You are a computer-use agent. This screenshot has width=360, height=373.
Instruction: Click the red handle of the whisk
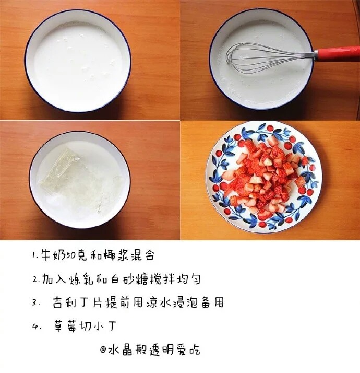(x=337, y=54)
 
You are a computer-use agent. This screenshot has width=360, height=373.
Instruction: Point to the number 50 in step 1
(x=71, y=256)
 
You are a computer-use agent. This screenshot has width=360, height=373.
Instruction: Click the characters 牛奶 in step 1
(x=53, y=255)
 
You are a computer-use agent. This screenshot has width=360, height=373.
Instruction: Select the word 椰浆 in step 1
(x=117, y=255)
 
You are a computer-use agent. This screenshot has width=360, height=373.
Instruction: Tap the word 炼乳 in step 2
(x=81, y=279)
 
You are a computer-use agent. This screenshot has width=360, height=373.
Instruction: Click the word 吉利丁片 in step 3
(x=77, y=302)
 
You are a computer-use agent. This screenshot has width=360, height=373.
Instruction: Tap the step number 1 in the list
(x=34, y=255)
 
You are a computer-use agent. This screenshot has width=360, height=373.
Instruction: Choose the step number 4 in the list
(x=34, y=327)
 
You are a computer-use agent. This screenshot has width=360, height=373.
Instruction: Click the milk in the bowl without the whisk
(x=78, y=61)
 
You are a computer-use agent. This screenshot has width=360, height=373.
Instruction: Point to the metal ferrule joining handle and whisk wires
(x=309, y=55)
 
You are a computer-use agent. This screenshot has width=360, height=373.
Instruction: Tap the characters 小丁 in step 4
(x=104, y=325)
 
